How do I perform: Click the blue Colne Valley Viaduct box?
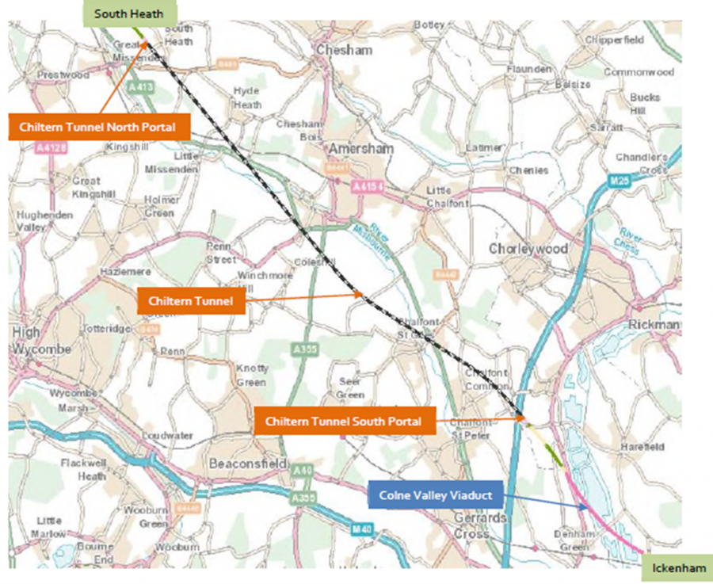click(436, 496)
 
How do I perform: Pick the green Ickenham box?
click(676, 568)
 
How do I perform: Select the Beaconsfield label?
click(239, 462)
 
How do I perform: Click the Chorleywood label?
click(528, 249)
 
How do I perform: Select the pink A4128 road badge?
click(51, 147)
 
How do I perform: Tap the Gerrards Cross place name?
click(480, 525)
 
